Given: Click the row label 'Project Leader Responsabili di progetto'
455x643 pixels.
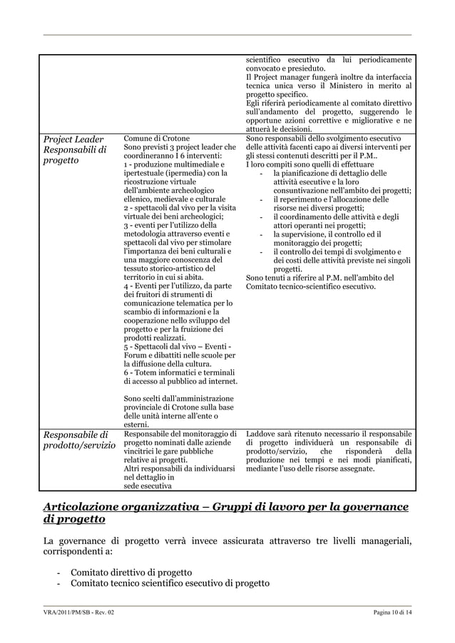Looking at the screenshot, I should click(75, 150).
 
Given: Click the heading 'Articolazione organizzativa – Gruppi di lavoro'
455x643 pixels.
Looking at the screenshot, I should click(225, 506).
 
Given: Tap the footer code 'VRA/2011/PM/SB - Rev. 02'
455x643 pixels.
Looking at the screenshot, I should click(79, 614).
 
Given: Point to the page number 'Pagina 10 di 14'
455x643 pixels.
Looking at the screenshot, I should click(392, 614).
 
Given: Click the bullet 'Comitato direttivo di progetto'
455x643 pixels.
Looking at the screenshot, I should click(131, 573).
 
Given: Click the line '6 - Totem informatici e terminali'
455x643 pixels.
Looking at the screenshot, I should click(179, 372).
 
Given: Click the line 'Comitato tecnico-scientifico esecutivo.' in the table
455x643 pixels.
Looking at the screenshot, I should click(310, 287).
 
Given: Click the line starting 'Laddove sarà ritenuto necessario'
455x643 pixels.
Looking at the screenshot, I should click(328, 434).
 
